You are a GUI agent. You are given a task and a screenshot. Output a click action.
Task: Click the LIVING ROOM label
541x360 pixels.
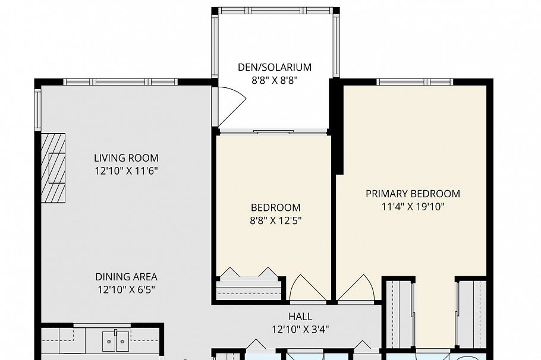126,158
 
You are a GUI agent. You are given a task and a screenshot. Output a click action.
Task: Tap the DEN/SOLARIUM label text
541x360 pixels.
275,68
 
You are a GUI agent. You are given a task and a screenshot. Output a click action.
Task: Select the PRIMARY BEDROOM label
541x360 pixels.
413,194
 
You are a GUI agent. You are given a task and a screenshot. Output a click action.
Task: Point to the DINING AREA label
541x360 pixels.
126,277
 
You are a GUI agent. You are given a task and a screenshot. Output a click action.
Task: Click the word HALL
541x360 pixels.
300,317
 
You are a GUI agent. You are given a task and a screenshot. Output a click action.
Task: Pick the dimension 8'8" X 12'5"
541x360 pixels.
275,221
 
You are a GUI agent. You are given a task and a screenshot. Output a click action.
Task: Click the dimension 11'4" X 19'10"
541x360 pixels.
413,207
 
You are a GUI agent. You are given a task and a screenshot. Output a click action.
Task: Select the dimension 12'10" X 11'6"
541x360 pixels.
126,171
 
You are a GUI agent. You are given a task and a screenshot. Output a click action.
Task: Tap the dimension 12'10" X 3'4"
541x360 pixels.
300,329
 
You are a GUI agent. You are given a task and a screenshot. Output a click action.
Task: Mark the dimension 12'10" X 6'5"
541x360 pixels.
126,290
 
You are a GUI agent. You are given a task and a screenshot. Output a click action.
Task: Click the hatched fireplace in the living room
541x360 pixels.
53,168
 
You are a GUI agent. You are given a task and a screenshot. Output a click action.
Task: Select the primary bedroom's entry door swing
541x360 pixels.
356,289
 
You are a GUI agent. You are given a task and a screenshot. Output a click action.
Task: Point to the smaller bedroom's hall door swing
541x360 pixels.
307,289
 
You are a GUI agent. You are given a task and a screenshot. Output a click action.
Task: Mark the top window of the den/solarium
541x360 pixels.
275,11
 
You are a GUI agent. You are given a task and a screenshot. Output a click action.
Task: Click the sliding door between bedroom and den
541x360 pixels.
272,132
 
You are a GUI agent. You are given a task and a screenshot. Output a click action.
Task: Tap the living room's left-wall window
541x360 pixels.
38,110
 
